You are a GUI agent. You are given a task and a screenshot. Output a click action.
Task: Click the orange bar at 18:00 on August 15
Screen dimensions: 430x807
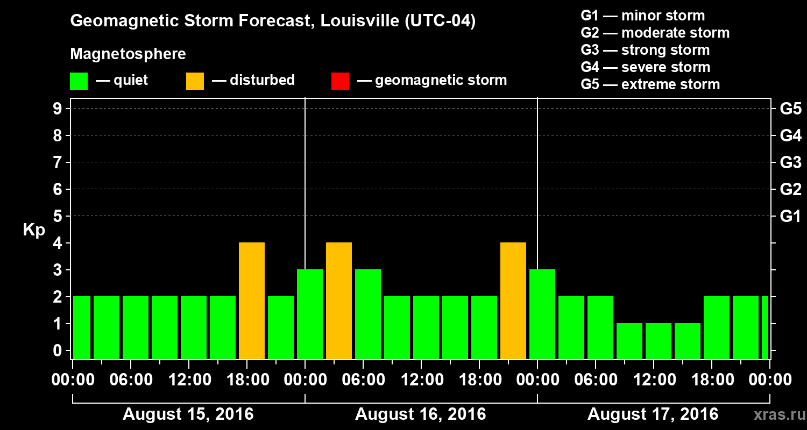252,301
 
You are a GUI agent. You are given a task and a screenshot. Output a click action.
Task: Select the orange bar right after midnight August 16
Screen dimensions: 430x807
339,301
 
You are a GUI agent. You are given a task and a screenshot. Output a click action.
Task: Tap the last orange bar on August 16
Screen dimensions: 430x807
513,301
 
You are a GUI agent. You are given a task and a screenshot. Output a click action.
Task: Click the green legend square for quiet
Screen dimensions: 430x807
79,81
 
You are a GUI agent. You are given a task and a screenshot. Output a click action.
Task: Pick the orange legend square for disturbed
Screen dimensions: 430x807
195,81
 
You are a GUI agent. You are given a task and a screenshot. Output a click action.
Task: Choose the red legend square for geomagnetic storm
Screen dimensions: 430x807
340,81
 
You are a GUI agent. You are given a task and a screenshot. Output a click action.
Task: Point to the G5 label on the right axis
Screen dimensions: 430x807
790,109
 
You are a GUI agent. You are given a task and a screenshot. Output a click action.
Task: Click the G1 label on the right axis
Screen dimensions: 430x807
790,217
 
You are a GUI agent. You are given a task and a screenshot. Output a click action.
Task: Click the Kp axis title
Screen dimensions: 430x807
34,230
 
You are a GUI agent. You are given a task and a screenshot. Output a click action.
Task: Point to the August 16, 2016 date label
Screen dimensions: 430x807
420,414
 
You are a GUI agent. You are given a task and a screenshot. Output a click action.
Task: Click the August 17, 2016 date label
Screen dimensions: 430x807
653,414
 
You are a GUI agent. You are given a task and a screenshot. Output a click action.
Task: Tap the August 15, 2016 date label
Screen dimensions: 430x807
188,414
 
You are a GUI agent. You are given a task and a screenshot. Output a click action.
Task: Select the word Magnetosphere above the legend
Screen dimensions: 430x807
128,54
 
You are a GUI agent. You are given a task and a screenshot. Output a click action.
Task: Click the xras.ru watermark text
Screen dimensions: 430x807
775,414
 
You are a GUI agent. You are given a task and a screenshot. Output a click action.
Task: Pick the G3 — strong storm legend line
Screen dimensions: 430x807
645,50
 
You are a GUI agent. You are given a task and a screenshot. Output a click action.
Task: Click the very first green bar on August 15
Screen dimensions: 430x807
82,327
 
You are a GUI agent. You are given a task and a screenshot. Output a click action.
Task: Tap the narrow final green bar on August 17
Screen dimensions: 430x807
765,327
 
